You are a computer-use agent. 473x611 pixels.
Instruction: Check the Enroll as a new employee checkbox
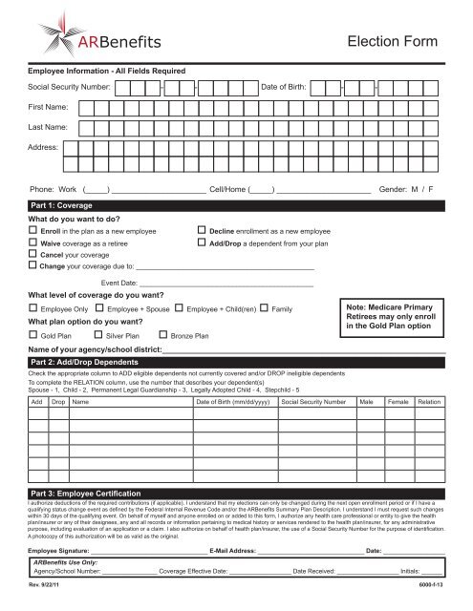click(x=33, y=231)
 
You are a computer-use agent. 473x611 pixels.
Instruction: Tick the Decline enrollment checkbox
click(x=200, y=231)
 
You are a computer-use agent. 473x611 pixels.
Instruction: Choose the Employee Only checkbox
click(x=33, y=310)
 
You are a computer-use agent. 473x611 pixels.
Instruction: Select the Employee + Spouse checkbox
click(x=99, y=310)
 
